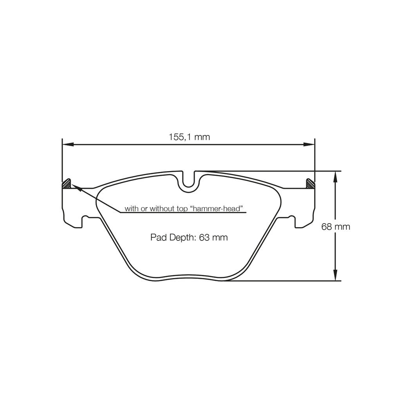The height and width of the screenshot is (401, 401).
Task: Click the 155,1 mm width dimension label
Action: point(189,137)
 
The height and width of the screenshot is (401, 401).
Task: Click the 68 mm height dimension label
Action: point(336,226)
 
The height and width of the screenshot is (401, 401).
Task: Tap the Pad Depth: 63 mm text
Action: point(189,237)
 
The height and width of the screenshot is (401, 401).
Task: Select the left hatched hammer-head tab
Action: point(67,184)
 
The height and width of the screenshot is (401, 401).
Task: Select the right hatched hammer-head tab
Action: point(310,184)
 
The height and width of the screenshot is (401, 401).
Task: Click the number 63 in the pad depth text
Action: point(204,237)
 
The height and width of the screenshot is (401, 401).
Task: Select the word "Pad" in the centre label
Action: point(157,237)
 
